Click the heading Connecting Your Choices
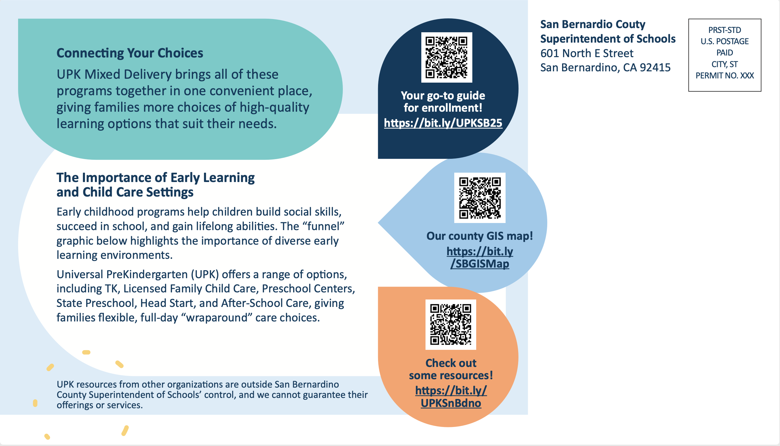click(130, 53)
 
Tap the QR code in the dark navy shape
click(446, 57)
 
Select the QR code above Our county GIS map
click(480, 198)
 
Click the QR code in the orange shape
click(451, 324)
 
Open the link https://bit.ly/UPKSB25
click(443, 123)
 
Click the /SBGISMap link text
click(480, 264)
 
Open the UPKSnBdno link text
click(451, 403)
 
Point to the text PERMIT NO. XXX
click(724, 76)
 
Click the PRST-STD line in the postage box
click(724, 30)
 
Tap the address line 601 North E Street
click(587, 53)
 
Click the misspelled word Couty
click(630, 25)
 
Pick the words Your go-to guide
click(443, 96)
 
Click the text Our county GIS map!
click(479, 236)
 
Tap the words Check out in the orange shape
click(451, 363)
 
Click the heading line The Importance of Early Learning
click(156, 178)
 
